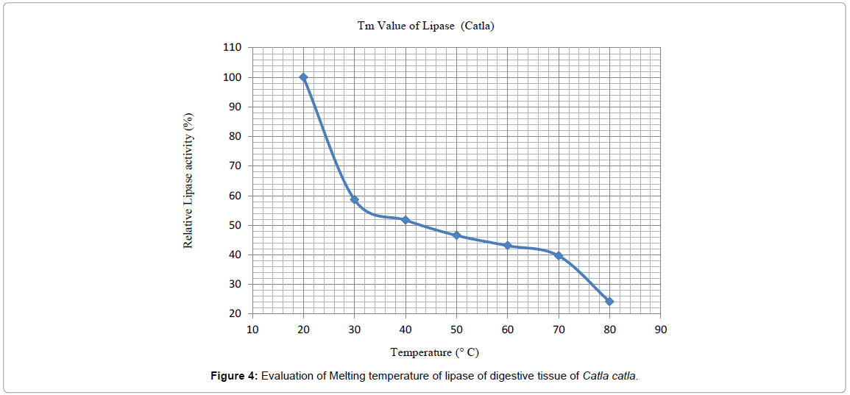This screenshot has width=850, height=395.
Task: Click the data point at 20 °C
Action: tap(303, 77)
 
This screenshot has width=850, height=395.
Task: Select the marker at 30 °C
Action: tap(354, 199)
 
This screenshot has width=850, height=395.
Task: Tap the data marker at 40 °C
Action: tap(405, 220)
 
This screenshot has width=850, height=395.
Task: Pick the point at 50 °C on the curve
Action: tap(456, 235)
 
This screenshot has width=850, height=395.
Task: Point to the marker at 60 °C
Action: tap(507, 245)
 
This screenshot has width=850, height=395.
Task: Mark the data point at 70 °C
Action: tap(559, 255)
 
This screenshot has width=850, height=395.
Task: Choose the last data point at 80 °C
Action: tap(609, 302)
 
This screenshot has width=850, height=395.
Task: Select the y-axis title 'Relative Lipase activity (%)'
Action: tap(188, 180)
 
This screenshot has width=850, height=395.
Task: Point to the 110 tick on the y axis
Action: tap(232, 47)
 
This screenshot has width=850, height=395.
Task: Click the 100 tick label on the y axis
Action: tap(232, 77)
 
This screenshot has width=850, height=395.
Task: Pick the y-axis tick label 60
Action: tap(235, 196)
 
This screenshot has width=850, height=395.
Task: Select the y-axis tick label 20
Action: tap(235, 314)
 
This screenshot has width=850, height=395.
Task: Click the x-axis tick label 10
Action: tap(252, 330)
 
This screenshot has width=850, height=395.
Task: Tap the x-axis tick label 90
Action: tap(661, 330)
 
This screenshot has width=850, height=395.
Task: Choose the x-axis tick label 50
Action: tap(456, 330)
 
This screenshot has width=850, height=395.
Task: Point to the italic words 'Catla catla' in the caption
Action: tap(610, 377)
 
